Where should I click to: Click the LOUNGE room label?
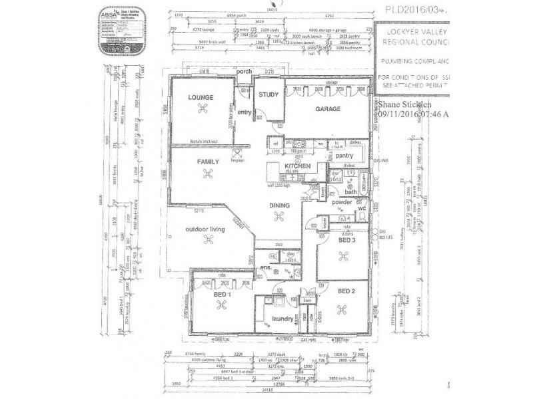200,97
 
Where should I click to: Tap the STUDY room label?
268,95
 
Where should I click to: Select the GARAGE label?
328,108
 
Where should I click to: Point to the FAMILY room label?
208,161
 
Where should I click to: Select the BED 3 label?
347,241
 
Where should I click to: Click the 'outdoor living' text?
205,229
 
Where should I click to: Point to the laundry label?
284,319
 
